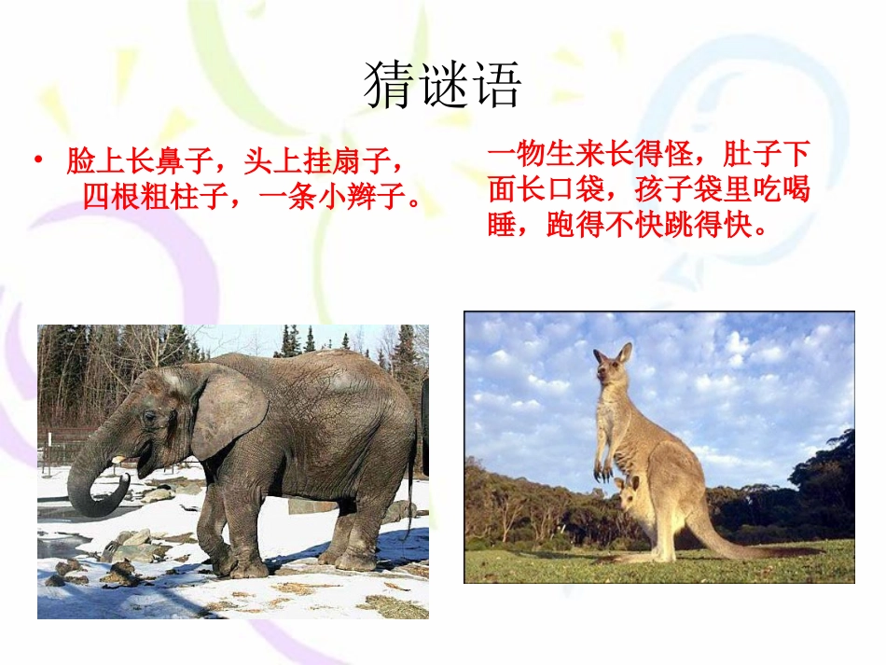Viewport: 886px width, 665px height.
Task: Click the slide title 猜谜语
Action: tap(442, 86)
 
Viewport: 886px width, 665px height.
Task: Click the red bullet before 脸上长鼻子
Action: tap(38, 162)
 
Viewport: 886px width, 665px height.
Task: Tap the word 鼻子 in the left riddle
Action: tap(183, 162)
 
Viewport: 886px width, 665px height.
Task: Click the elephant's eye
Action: tap(148, 417)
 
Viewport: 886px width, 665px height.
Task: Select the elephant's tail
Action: tap(409, 485)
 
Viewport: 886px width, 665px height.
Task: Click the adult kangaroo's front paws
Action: tap(604, 471)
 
